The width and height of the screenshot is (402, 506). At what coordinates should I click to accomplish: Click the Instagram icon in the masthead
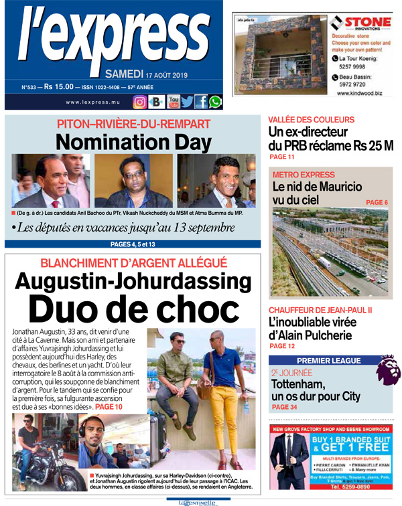click(x=140, y=102)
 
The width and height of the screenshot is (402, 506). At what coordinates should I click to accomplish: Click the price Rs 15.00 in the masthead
click(x=60, y=86)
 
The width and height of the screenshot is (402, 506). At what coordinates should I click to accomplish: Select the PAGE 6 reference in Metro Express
click(x=377, y=202)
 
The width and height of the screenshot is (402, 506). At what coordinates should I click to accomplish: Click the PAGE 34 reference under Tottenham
click(x=283, y=407)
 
